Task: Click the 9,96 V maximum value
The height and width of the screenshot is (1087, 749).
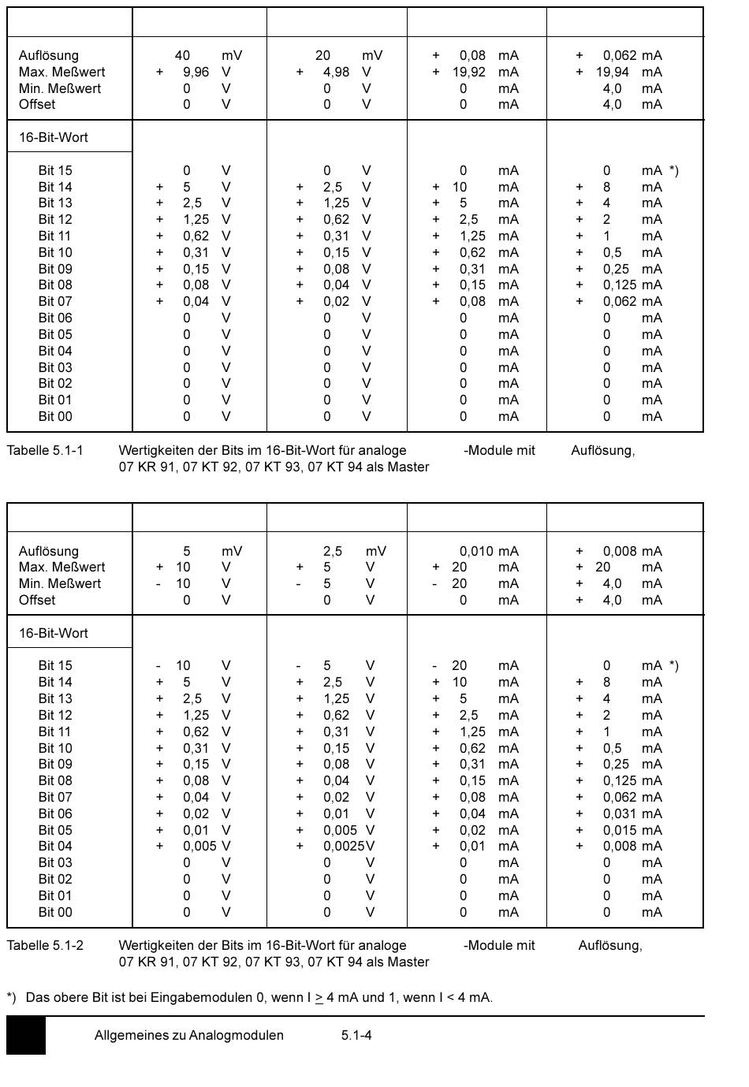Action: pyautogui.click(x=196, y=72)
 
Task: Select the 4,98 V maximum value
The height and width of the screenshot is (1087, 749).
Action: pyautogui.click(x=336, y=72)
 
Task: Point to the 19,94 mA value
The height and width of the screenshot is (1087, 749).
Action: pyautogui.click(x=613, y=72)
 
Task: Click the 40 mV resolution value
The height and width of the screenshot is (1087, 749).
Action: pyautogui.click(x=182, y=55)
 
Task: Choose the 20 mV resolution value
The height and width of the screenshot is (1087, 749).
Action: pyautogui.click(x=322, y=55)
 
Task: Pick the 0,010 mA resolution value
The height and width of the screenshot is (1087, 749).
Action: pyautogui.click(x=476, y=551)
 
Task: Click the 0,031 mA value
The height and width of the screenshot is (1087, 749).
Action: pyautogui.click(x=620, y=813)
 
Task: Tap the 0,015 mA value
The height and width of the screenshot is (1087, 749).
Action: pyautogui.click(x=620, y=830)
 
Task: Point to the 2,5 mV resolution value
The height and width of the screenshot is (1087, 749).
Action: pyautogui.click(x=333, y=551)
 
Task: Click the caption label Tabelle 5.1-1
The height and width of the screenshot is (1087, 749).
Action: pyautogui.click(x=45, y=450)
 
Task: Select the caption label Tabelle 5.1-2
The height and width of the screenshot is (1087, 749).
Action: pyautogui.click(x=45, y=945)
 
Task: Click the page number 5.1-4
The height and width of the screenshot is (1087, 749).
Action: pyautogui.click(x=356, y=1035)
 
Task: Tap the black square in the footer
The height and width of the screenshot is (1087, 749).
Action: pyautogui.click(x=26, y=1035)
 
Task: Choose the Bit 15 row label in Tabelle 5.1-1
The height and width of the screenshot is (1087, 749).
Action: pyautogui.click(x=55, y=170)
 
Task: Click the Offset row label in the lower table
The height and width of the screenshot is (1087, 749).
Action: pyautogui.click(x=37, y=600)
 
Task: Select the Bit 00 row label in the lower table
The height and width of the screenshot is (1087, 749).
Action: pyautogui.click(x=55, y=912)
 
